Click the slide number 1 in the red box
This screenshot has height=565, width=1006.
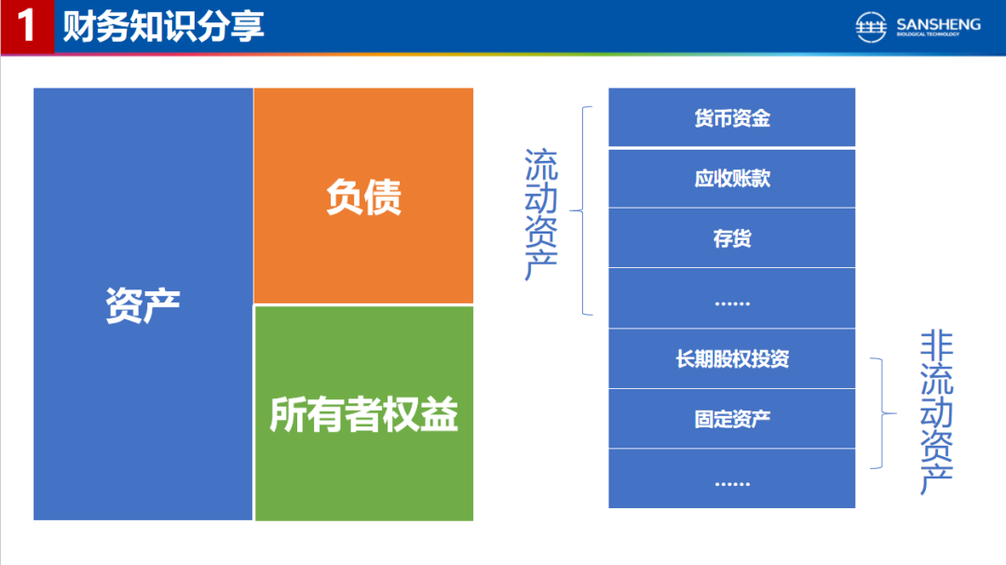[x=26, y=26]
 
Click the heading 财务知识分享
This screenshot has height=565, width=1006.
[x=164, y=26]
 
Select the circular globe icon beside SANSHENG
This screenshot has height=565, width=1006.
[x=871, y=27]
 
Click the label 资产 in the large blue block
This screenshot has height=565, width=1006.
[x=143, y=304]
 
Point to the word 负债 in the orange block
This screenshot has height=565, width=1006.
[x=364, y=197]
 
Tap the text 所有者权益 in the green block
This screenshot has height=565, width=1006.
[x=364, y=414]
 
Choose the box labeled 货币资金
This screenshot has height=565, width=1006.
[x=732, y=117]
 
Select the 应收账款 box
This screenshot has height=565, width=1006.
[x=732, y=179]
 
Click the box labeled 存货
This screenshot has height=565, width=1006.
[x=732, y=238]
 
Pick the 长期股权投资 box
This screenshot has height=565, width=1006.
[x=732, y=358]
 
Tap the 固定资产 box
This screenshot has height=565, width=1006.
[x=732, y=419]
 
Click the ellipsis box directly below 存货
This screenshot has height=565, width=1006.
[x=732, y=298]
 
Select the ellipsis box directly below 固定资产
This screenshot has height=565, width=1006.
[x=732, y=478]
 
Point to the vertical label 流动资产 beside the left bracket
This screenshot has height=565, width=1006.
[x=541, y=214]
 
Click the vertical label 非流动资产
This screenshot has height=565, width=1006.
[x=937, y=412]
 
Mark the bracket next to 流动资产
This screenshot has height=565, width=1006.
[x=582, y=210]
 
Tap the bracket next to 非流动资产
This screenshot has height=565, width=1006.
[x=883, y=413]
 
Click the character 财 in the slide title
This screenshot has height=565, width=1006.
[x=79, y=26]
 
